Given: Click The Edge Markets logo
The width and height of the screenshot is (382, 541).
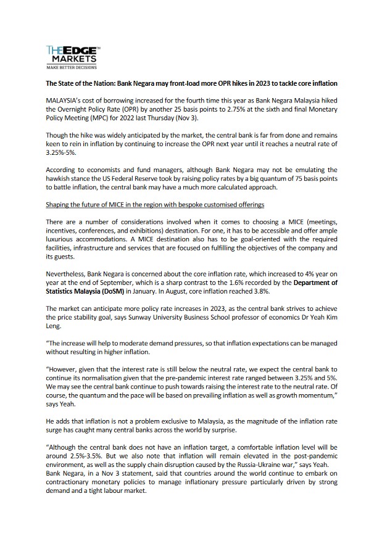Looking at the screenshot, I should pos(73,54).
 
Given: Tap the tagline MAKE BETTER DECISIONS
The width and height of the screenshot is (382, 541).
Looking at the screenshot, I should pos(72,66).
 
